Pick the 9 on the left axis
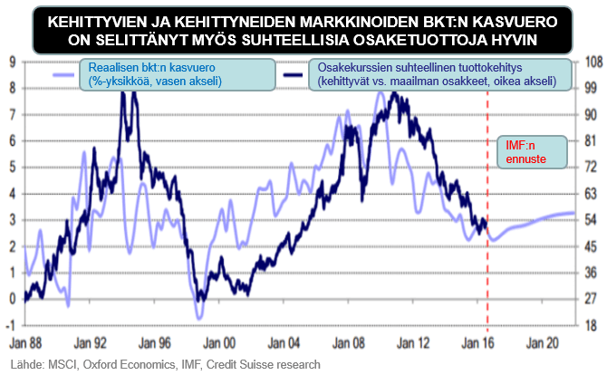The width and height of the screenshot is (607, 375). pyautogui.click(x=11, y=62)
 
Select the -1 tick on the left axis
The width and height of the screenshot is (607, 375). pyautogui.click(x=10, y=325)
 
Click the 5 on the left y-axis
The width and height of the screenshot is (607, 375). pyautogui.click(x=11, y=168)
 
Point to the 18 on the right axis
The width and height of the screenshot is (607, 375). pyautogui.click(x=586, y=325)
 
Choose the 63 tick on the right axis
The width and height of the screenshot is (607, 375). pyautogui.click(x=586, y=194)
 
